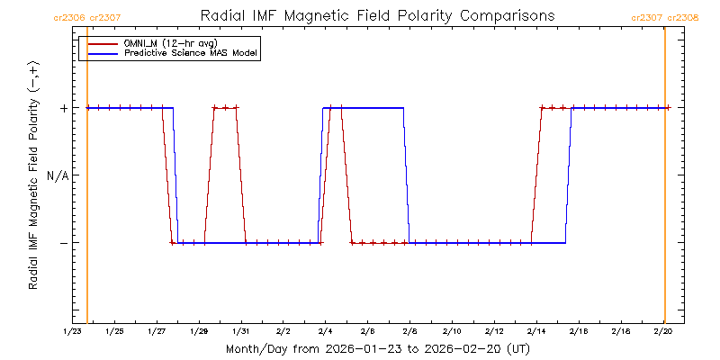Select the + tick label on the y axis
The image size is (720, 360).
pyautogui.click(x=63, y=108)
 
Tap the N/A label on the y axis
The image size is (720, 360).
pyautogui.click(x=58, y=175)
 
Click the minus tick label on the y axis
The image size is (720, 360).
pyautogui.click(x=63, y=243)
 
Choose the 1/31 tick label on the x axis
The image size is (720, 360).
pyautogui.click(x=241, y=332)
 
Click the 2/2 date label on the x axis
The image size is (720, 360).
pyautogui.click(x=283, y=332)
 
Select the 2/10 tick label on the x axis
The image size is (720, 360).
pyautogui.click(x=452, y=332)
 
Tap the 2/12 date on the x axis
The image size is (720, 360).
pyautogui.click(x=494, y=332)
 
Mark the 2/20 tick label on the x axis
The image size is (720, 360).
pyautogui.click(x=662, y=332)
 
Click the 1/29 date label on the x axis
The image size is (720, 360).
pyautogui.click(x=199, y=332)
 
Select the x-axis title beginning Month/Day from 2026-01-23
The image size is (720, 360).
pyautogui.click(x=377, y=348)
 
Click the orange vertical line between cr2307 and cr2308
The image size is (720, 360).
pyautogui.click(x=664, y=180)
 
